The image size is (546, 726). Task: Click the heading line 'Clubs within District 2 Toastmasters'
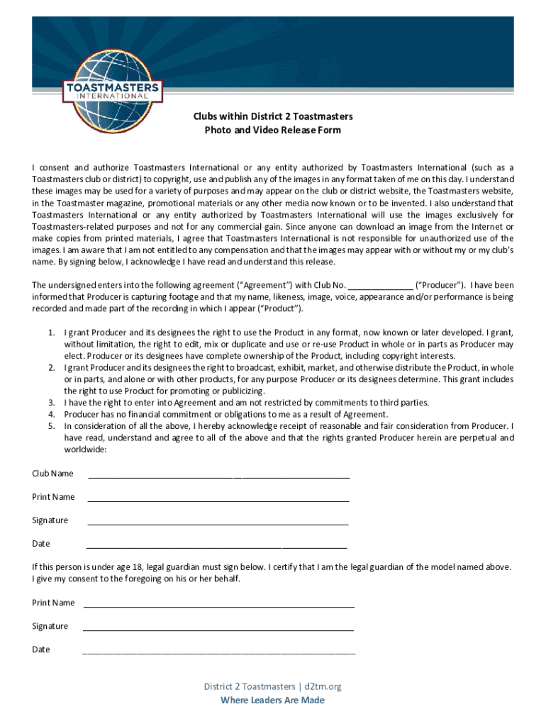click(x=272, y=116)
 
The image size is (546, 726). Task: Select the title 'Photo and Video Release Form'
click(x=272, y=130)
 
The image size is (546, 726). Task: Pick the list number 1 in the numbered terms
click(x=51, y=333)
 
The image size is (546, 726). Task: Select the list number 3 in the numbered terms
click(x=51, y=403)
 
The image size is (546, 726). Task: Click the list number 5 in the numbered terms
click(x=51, y=426)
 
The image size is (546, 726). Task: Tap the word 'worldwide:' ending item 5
click(x=85, y=449)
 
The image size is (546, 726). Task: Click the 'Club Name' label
click(x=52, y=474)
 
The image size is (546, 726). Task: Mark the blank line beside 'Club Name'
click(x=218, y=475)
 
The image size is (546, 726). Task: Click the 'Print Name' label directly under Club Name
click(x=53, y=497)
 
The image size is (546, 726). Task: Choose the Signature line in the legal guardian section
click(x=218, y=627)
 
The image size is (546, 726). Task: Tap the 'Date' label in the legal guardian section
click(x=41, y=649)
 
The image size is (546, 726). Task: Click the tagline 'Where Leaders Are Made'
click(x=272, y=700)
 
